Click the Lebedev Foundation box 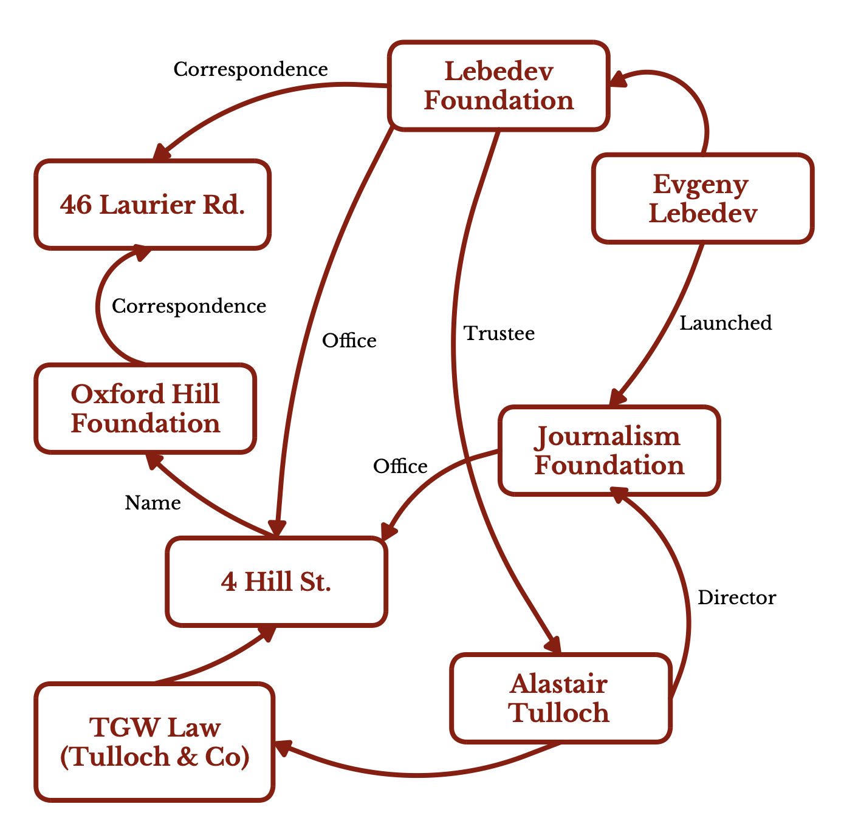pos(498,86)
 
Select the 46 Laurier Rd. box pos(153,205)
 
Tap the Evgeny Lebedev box pos(702,199)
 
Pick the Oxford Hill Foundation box pos(145,409)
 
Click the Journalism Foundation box pos(609,451)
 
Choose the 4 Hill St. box pos(276,581)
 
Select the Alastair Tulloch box pos(560,698)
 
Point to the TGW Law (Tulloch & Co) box pos(154,741)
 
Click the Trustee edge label pos(499,333)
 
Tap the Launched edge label pos(726,323)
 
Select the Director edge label pos(736,598)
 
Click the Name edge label pos(153,503)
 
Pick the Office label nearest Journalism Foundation pos(400,466)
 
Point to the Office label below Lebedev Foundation pos(349,341)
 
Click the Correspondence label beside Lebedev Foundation pos(250,69)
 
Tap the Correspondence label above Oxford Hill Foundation pos(189,306)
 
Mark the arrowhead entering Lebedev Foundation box pos(618,80)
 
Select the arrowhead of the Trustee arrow pos(554,645)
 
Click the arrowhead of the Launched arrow pos(617,398)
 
